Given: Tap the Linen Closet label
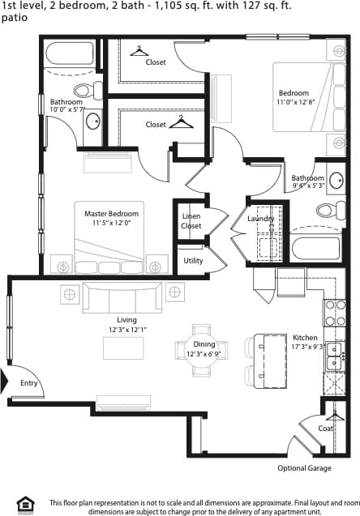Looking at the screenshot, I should [x=191, y=220].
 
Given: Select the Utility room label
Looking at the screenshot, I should [x=193, y=261].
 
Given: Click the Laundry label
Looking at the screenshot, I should [x=261, y=219].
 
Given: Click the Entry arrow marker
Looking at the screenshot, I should [x=5, y=379].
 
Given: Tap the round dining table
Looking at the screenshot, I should [x=204, y=350].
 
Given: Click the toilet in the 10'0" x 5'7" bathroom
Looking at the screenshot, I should [x=83, y=90].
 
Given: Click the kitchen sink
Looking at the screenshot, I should [x=336, y=357].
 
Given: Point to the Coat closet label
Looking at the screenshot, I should [x=325, y=429].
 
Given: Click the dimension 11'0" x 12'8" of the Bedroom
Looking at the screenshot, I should [x=294, y=102].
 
